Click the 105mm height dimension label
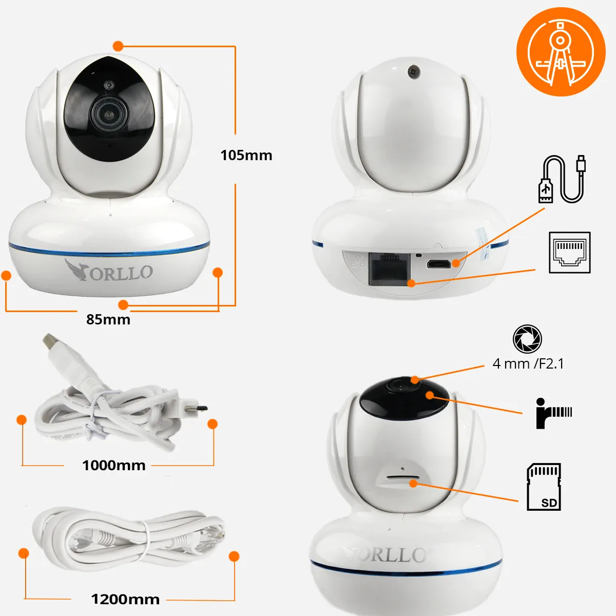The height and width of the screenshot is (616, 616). pyautogui.click(x=246, y=156)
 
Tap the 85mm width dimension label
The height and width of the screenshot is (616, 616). pyautogui.click(x=108, y=319)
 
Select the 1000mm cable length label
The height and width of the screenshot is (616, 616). pyautogui.click(x=114, y=465)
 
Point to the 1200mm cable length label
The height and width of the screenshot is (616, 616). pyautogui.click(x=125, y=599)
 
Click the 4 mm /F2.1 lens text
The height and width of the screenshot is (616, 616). pyautogui.click(x=528, y=364)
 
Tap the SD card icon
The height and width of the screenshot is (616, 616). pyautogui.click(x=544, y=487)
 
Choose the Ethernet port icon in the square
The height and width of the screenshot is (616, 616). pyautogui.click(x=570, y=253)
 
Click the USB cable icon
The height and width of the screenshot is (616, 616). pyautogui.click(x=562, y=179)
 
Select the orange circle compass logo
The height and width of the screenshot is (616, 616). pyautogui.click(x=561, y=52)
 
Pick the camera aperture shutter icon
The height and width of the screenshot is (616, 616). pyautogui.click(x=527, y=339)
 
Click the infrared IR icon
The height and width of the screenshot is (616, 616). pyautogui.click(x=554, y=413)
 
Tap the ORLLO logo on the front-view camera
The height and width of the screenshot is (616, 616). pyautogui.click(x=108, y=271)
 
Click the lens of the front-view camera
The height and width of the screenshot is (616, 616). pyautogui.click(x=109, y=114)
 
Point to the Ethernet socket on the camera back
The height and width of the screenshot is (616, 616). pyautogui.click(x=389, y=269)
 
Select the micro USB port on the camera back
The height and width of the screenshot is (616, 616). pyautogui.click(x=438, y=264)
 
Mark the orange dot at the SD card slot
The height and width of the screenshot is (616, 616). pyautogui.click(x=413, y=484)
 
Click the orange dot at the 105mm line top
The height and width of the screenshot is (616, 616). pyautogui.click(x=118, y=46)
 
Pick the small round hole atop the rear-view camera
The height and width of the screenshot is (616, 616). pyautogui.click(x=413, y=71)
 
